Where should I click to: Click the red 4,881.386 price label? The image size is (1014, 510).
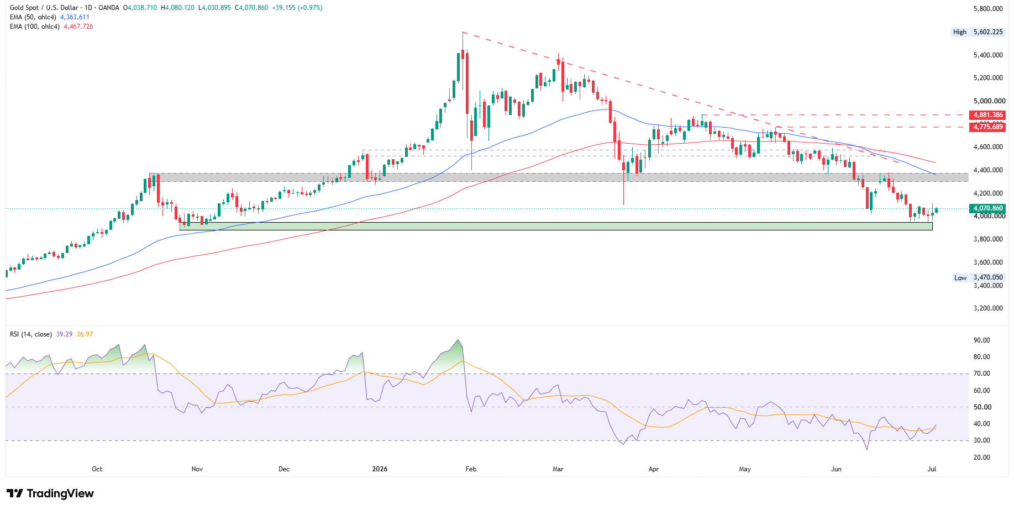(x=987, y=115)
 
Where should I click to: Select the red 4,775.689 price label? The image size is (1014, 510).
(x=987, y=127)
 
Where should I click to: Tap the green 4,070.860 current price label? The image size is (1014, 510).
(x=987, y=209)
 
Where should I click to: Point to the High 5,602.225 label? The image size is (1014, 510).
(x=978, y=32)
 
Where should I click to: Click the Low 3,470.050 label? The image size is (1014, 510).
(x=978, y=278)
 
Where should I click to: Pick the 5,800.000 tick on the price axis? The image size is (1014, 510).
(x=988, y=9)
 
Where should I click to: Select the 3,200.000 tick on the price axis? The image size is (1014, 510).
(x=988, y=308)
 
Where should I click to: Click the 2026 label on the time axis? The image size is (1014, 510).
(x=380, y=469)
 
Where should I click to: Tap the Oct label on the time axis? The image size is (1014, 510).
(x=97, y=469)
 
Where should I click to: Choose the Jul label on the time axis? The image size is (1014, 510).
(x=932, y=469)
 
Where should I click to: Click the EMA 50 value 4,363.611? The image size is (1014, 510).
(x=75, y=17)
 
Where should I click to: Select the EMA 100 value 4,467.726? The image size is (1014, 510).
(x=78, y=27)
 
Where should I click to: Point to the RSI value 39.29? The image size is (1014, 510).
(x=64, y=334)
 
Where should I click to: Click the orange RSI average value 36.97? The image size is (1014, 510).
(x=85, y=334)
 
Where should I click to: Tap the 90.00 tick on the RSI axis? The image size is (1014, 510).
(x=982, y=340)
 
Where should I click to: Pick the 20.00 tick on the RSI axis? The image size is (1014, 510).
(x=982, y=458)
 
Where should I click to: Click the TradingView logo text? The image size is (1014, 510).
(x=60, y=493)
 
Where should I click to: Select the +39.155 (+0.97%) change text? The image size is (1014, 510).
(x=297, y=8)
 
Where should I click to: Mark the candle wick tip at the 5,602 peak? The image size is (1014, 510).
(x=463, y=32)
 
